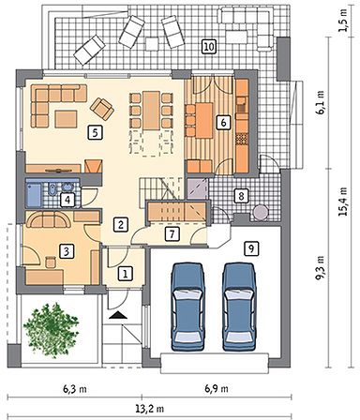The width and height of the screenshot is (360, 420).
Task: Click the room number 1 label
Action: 126,274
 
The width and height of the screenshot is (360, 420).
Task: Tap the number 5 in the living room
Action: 95,132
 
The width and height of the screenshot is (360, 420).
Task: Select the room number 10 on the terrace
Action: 209,47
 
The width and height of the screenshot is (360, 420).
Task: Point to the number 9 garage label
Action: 251,248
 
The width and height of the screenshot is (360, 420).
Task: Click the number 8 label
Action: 241,196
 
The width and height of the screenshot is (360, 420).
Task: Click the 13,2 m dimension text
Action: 149,409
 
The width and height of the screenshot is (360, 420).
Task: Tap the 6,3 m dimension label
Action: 75,389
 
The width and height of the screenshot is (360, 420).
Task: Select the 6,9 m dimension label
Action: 217,389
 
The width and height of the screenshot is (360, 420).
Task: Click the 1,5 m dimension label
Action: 343,21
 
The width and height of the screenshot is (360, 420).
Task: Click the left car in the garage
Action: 187,307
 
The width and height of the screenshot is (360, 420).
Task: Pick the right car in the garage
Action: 239,307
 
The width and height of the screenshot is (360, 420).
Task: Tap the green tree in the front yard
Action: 50,330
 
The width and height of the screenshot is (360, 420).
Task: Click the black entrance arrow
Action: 118,315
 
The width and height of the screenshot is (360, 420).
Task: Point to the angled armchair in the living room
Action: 102,109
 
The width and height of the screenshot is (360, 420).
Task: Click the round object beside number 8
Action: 261,213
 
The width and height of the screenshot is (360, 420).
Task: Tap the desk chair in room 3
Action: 51,262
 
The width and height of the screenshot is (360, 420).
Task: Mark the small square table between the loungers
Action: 153,44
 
